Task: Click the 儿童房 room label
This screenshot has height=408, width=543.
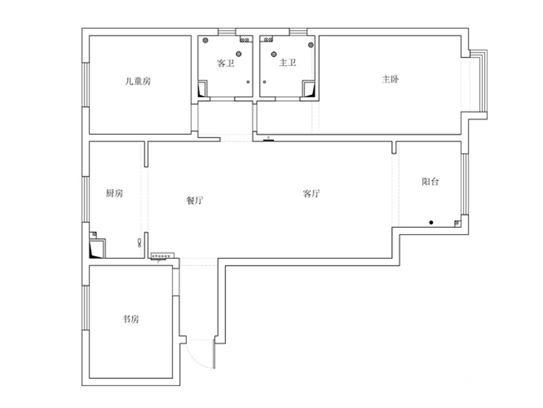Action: tap(138, 82)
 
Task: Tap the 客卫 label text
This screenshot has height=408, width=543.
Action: tap(225, 63)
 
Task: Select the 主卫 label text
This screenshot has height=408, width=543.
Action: tap(287, 63)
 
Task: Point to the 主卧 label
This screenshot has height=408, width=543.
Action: tap(390, 79)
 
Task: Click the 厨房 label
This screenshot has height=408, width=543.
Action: tap(114, 193)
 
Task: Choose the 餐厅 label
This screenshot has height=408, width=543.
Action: tap(194, 200)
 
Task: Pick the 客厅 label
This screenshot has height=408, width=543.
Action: tap(311, 194)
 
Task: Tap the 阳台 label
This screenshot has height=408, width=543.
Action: tap(430, 182)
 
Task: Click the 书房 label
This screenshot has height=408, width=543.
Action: tap(131, 319)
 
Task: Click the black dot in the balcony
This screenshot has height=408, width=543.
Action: tap(431, 222)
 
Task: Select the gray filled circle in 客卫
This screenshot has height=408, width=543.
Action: tap(205, 41)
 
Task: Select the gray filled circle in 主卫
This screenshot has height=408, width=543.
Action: tap(311, 45)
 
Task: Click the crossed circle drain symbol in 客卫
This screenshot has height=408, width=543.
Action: tap(238, 54)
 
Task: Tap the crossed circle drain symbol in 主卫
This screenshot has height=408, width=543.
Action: tap(274, 54)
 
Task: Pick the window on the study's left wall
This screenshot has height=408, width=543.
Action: tap(86, 308)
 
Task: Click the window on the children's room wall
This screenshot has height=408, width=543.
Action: tap(86, 85)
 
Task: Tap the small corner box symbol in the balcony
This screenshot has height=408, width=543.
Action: tap(457, 224)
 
